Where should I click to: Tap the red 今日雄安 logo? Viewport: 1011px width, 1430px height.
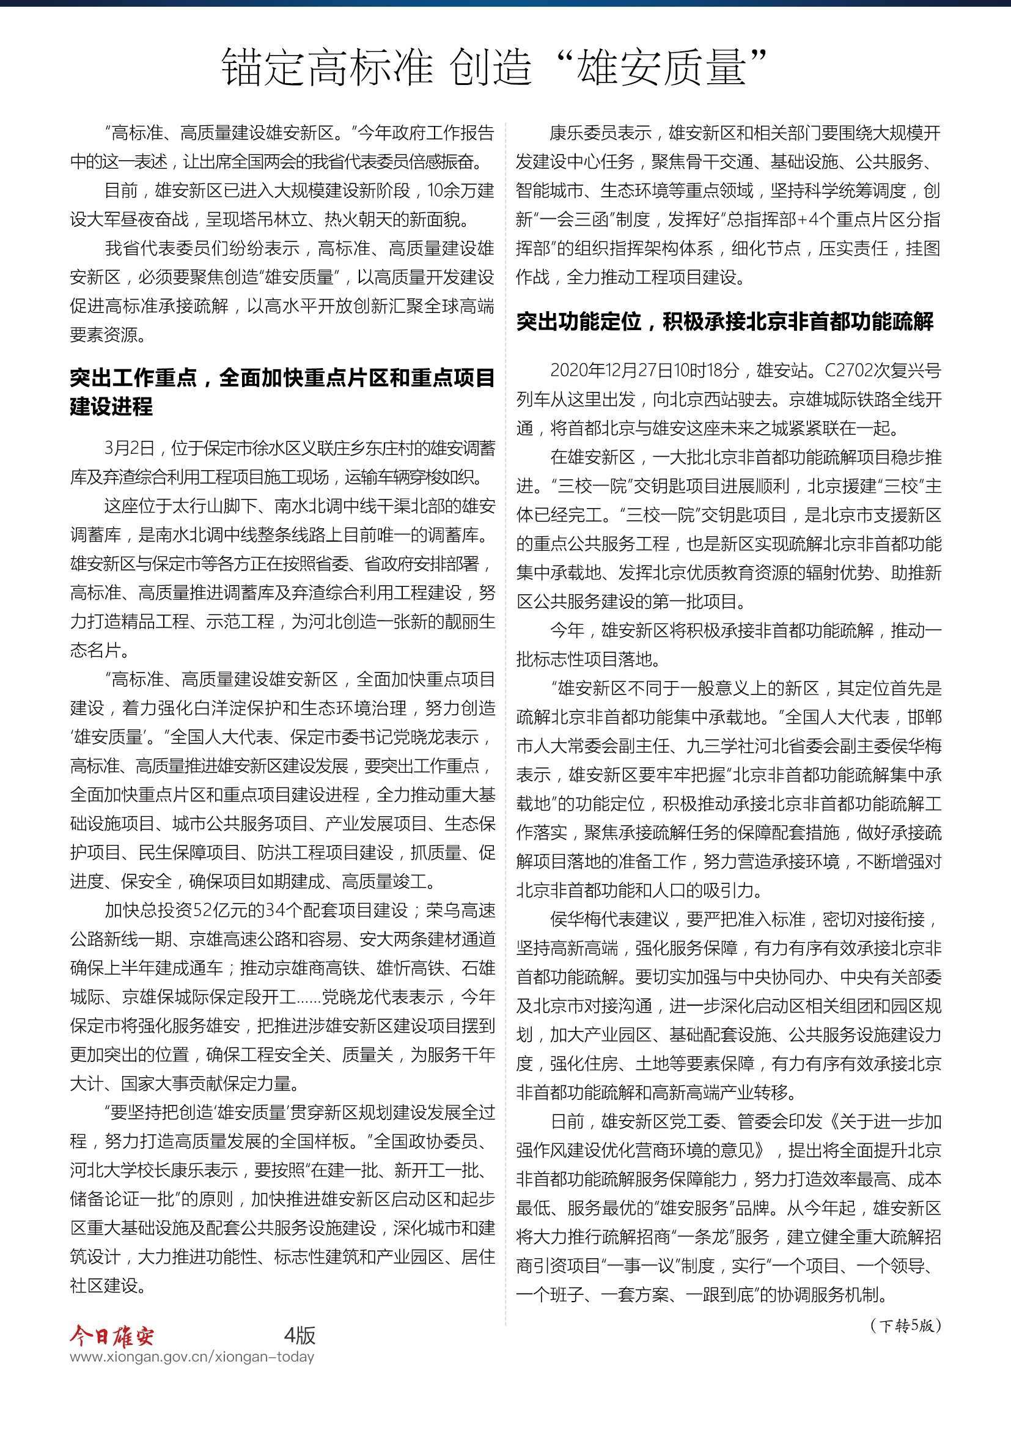tap(111, 1336)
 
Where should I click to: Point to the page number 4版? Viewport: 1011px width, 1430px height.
tap(300, 1335)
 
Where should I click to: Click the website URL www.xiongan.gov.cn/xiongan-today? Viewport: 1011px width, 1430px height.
tap(192, 1357)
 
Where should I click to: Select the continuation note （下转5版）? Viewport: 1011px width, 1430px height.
tap(905, 1325)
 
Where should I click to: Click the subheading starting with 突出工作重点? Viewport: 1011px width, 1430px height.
tap(282, 391)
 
